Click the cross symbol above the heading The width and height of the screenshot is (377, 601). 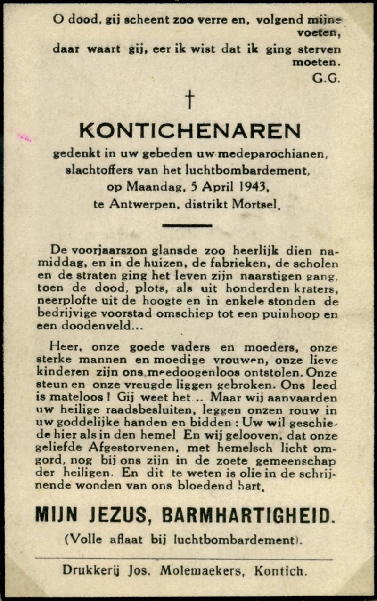coord(189,99)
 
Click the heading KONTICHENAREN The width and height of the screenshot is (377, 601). coord(189,131)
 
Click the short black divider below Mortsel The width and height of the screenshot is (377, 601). coord(187,226)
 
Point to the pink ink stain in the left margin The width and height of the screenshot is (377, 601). coord(25,137)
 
